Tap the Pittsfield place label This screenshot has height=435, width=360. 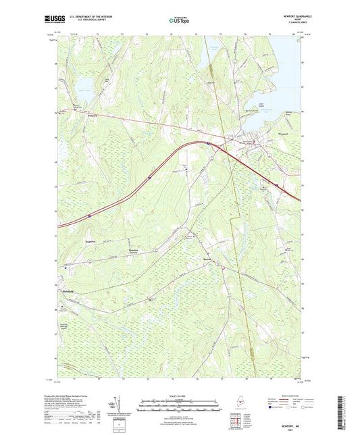pyautogui.click(x=68, y=291)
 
